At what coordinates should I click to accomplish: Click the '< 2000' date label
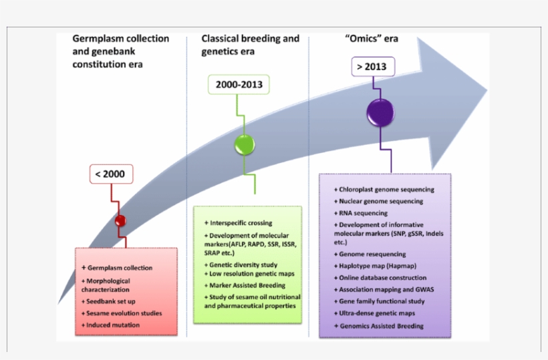(x=110, y=174)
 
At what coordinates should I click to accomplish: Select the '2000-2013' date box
(x=239, y=85)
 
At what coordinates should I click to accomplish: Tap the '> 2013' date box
(x=372, y=67)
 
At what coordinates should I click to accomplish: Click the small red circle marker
(x=120, y=221)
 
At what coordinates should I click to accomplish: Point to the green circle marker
(x=245, y=145)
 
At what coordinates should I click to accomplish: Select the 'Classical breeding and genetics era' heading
(x=250, y=45)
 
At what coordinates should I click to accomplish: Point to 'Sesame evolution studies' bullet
(x=124, y=313)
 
